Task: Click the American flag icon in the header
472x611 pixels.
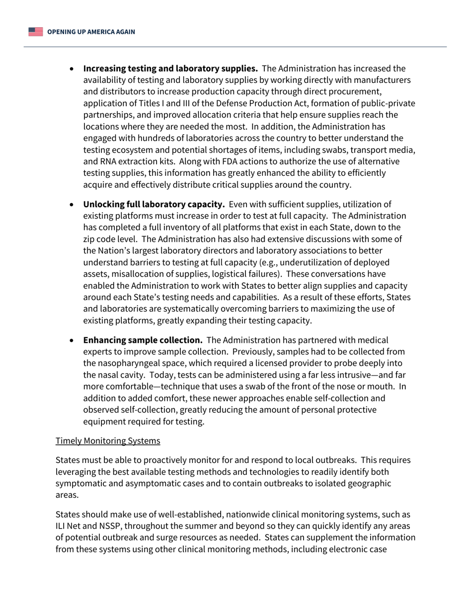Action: [35, 32]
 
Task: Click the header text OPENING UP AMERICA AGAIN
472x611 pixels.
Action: [91, 32]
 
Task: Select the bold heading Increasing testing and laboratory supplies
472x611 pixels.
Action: [170, 69]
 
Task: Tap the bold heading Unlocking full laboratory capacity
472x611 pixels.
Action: [154, 204]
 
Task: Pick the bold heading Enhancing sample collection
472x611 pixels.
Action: [143, 340]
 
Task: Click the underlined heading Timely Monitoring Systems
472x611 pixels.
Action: [108, 441]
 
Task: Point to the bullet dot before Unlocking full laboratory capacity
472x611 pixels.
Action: [73, 205]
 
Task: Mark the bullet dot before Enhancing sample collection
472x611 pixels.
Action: [73, 340]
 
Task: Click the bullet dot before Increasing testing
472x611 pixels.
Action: [73, 69]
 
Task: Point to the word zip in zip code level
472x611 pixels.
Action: [90, 239]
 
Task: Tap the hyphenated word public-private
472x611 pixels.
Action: [389, 103]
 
